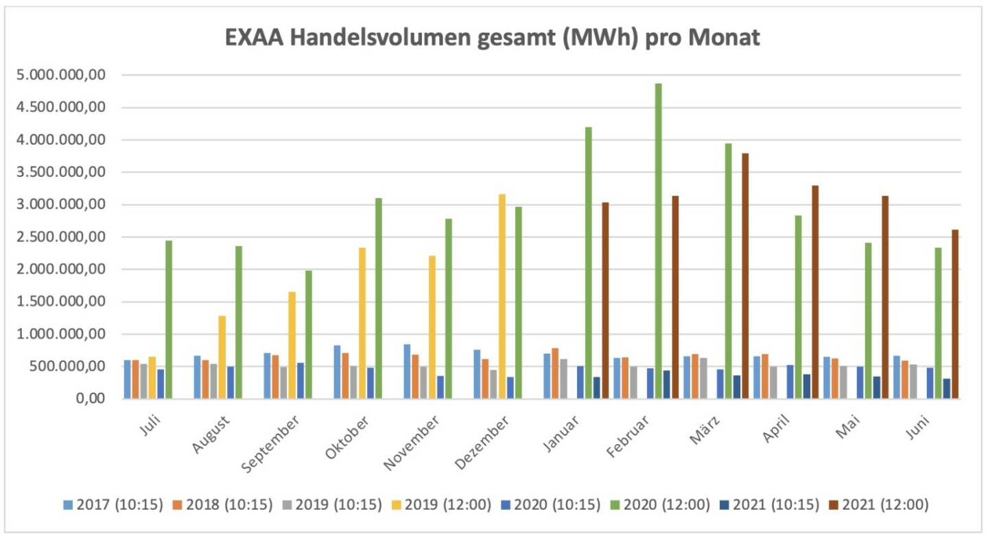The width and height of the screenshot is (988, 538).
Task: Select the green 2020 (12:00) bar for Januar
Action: [x=588, y=263]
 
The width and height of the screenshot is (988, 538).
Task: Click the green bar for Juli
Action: [x=169, y=319]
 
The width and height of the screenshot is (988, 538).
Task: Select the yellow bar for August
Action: [x=222, y=357]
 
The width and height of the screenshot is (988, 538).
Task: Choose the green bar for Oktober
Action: [x=378, y=298]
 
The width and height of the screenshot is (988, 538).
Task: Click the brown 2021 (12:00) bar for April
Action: [x=815, y=292]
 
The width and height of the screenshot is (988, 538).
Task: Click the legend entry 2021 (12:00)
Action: [x=885, y=505]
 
